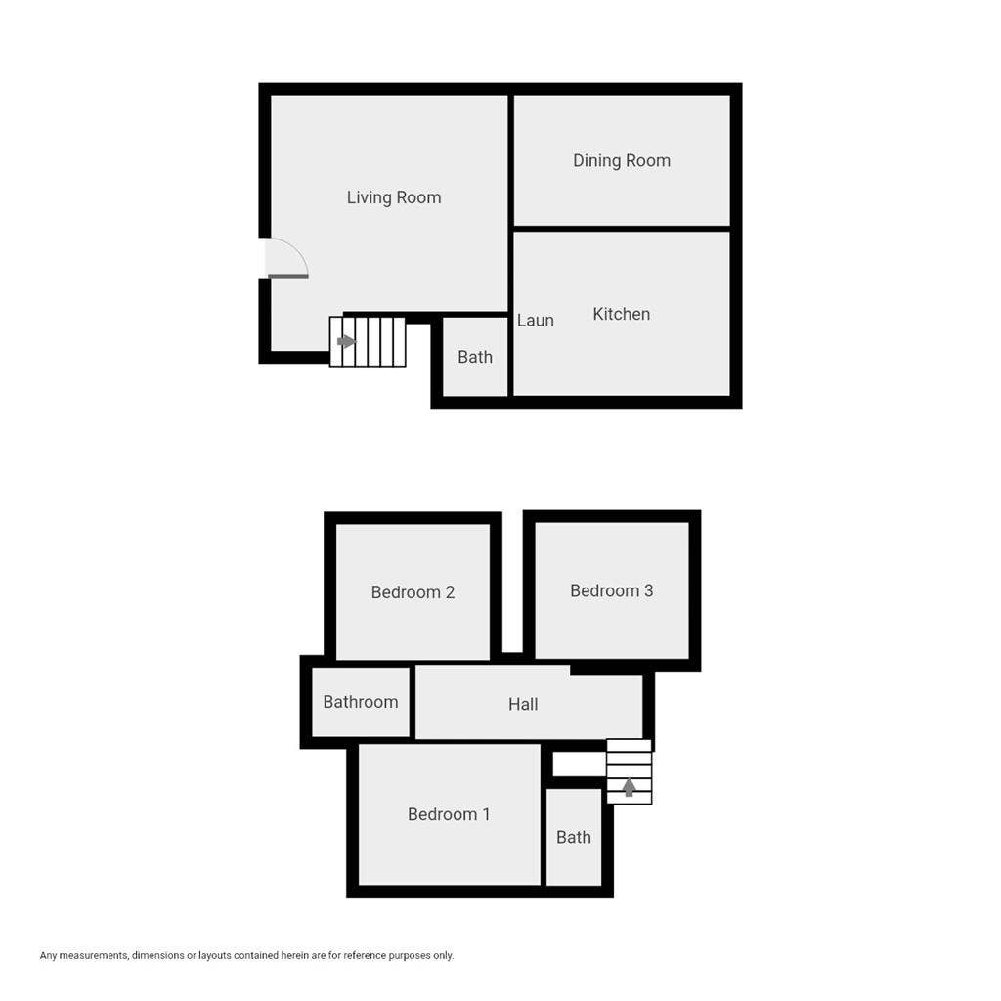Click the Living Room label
pos(394,197)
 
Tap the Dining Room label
pos(622,161)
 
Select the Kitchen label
pos(622,314)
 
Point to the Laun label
pos(536,321)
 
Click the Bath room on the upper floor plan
pos(475,357)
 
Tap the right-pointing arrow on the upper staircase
pos(346,341)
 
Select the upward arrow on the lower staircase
pos(629,786)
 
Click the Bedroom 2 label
pos(413,592)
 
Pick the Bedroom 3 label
pos(612,590)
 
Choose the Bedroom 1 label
pos(449,814)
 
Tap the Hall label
pos(523,704)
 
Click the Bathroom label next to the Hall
pos(361,702)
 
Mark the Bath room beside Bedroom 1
pos(574,837)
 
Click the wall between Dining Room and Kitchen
pos(622,229)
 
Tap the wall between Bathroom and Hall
pos(413,702)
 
